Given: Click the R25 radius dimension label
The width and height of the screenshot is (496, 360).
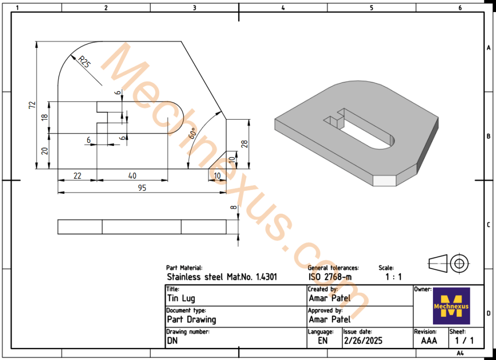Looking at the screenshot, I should (x=84, y=62).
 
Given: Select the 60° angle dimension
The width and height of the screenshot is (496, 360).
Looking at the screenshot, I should (x=192, y=133).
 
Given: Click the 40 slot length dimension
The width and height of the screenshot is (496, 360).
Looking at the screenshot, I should (x=132, y=175).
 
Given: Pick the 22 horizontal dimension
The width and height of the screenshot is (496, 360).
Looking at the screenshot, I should (x=77, y=175).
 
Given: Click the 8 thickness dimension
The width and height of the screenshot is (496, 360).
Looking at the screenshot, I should (x=233, y=207).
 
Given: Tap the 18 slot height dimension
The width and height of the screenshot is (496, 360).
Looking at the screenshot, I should (x=44, y=117).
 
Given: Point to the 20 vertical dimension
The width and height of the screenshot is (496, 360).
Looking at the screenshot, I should (x=44, y=151).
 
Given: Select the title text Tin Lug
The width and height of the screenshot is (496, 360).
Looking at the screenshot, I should (x=181, y=298).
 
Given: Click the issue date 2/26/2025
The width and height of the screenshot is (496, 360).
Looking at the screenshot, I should (x=363, y=341).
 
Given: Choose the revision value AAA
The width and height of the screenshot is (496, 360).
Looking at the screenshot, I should (x=428, y=341).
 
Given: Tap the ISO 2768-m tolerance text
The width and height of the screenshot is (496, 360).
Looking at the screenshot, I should (x=330, y=277).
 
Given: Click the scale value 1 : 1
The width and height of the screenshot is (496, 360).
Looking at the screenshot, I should (x=393, y=277).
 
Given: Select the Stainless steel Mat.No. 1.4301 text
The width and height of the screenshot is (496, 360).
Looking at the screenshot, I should (x=222, y=277).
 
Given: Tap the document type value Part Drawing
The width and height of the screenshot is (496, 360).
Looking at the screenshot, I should (x=191, y=319).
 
